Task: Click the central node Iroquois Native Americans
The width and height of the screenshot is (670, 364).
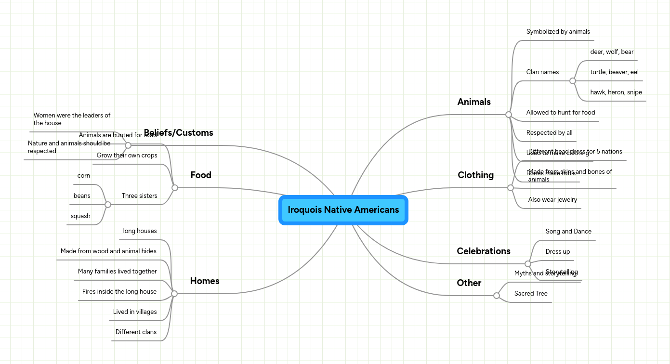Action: [x=343, y=210]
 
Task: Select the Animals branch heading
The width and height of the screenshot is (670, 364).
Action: [x=473, y=102]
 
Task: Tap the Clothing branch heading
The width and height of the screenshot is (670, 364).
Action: [x=475, y=175]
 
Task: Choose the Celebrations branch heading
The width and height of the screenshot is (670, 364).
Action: [x=483, y=251]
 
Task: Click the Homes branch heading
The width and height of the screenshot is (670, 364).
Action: [x=204, y=281]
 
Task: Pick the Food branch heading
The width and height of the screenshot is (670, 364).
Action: [x=200, y=175]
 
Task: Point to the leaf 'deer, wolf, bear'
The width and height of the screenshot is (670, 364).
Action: [x=612, y=52]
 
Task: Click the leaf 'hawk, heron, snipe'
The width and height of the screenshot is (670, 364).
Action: [x=616, y=92]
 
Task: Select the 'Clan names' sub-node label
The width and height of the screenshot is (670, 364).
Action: [x=542, y=72]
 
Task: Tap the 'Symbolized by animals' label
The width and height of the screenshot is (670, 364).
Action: [x=558, y=32]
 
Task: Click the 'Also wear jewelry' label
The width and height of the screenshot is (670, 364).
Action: [x=552, y=200]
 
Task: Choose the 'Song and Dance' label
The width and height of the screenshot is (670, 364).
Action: [x=568, y=232]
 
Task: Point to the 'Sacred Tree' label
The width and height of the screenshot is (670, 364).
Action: [x=530, y=294]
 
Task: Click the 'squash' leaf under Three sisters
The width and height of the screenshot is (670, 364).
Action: [x=80, y=216]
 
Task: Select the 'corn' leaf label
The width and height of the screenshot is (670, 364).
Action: [x=83, y=176]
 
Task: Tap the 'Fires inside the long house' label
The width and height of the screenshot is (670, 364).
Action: [x=119, y=292]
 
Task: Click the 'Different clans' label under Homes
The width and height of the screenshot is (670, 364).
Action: [x=136, y=332]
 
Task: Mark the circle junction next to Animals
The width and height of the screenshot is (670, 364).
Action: [x=508, y=115]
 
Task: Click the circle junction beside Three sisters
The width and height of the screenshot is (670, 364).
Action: [x=108, y=205]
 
